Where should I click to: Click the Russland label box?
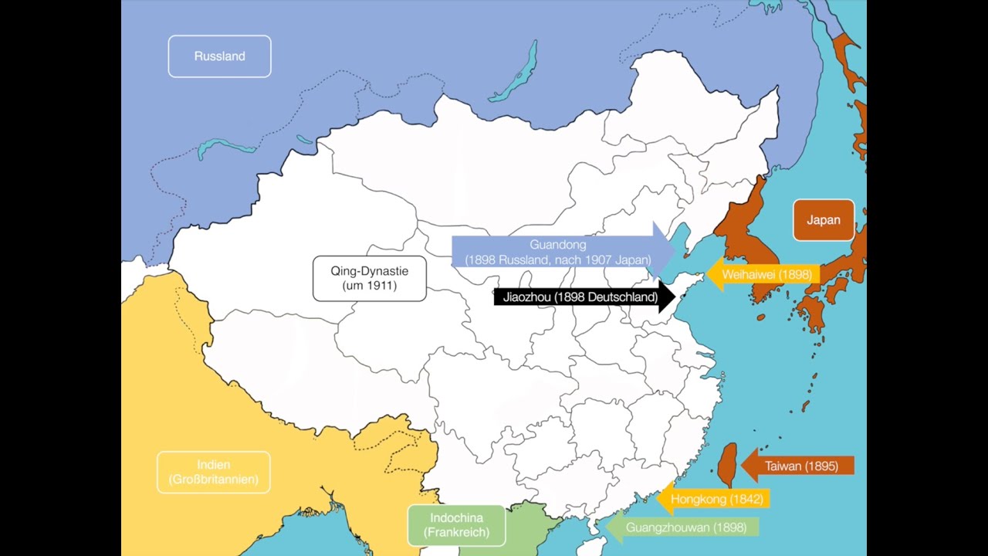[219, 56]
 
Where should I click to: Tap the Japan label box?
[823, 220]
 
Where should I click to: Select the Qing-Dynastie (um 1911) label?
[369, 278]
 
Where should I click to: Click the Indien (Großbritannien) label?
[213, 473]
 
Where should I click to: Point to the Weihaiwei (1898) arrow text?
[766, 274]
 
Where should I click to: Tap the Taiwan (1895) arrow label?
[801, 466]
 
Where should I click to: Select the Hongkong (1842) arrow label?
[716, 499]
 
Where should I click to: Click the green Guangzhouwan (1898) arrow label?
[685, 527]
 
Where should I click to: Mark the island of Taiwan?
[727, 466]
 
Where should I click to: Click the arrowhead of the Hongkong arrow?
[662, 499]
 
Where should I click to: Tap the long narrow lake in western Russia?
[225, 147]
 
